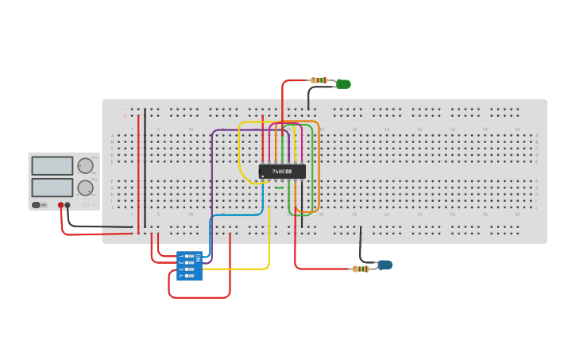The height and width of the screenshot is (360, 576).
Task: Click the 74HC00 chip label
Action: point(282,171)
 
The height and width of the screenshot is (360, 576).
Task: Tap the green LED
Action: point(343,83)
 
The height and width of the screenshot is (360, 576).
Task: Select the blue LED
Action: point(385,265)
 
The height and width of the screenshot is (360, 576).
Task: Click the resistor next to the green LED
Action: point(319,80)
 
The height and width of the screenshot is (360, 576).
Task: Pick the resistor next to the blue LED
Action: point(361,269)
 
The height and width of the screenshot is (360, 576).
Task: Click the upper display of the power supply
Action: point(52,165)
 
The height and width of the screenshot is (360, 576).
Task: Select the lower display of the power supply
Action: point(52,188)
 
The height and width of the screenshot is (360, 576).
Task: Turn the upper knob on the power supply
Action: point(84,165)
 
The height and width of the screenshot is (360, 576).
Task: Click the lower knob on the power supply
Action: point(84,188)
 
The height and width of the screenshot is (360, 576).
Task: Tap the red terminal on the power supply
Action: point(60,205)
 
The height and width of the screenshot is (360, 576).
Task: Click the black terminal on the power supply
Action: point(68,205)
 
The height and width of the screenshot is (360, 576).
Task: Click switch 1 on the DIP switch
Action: point(189,256)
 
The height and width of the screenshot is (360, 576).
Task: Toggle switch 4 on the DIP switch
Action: point(189,276)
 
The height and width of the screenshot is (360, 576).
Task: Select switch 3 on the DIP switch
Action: point(189,269)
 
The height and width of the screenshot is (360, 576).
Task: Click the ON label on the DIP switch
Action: point(198,257)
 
